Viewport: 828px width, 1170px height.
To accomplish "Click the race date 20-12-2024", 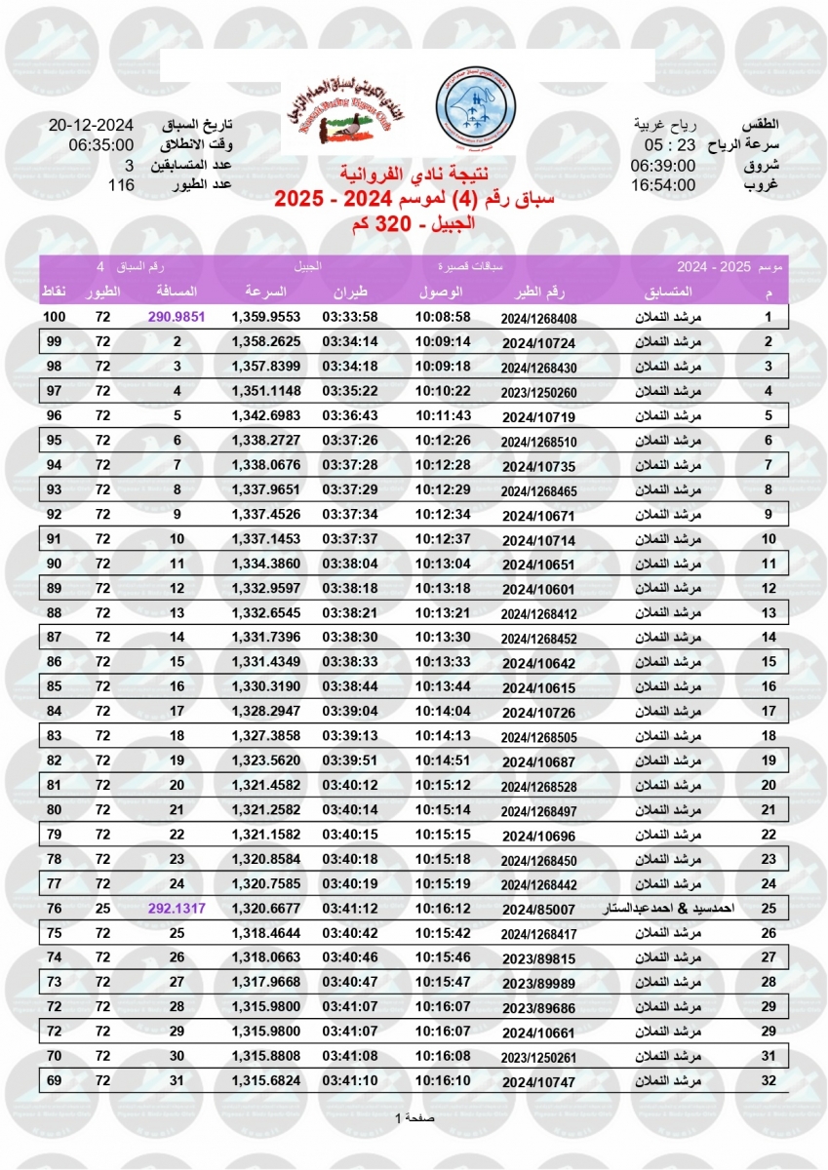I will pyautogui.click(x=91, y=127).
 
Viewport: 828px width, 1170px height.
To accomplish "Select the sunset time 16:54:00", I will pyautogui.click(x=663, y=184).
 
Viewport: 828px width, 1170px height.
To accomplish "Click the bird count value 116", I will pyautogui.click(x=121, y=184).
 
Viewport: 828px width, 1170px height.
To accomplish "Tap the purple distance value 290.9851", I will pyautogui.click(x=177, y=317).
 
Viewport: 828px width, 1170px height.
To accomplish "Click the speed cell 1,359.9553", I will pyautogui.click(x=265, y=317).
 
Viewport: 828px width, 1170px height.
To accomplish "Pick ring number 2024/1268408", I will pyautogui.click(x=539, y=318).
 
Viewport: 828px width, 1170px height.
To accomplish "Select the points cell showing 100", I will pyautogui.click(x=54, y=317).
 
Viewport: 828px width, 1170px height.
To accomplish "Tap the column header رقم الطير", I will pyautogui.click(x=539, y=292).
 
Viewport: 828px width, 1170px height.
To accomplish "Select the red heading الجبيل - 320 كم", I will pyautogui.click(x=413, y=225).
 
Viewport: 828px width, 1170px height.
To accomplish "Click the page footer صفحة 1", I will pyautogui.click(x=414, y=1117).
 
